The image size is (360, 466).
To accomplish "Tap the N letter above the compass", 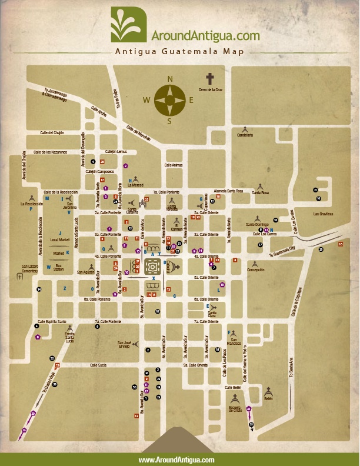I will [x=170, y=79].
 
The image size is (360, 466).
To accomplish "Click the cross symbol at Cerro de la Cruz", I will [x=210, y=78].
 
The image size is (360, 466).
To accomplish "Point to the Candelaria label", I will [x=245, y=135].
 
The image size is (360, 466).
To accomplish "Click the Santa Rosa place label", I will [x=260, y=192].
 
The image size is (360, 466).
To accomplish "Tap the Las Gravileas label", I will [x=323, y=214].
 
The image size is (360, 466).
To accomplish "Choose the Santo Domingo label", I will [x=257, y=224].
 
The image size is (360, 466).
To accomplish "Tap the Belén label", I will [x=268, y=398].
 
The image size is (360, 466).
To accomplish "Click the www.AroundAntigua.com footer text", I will [x=176, y=460].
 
